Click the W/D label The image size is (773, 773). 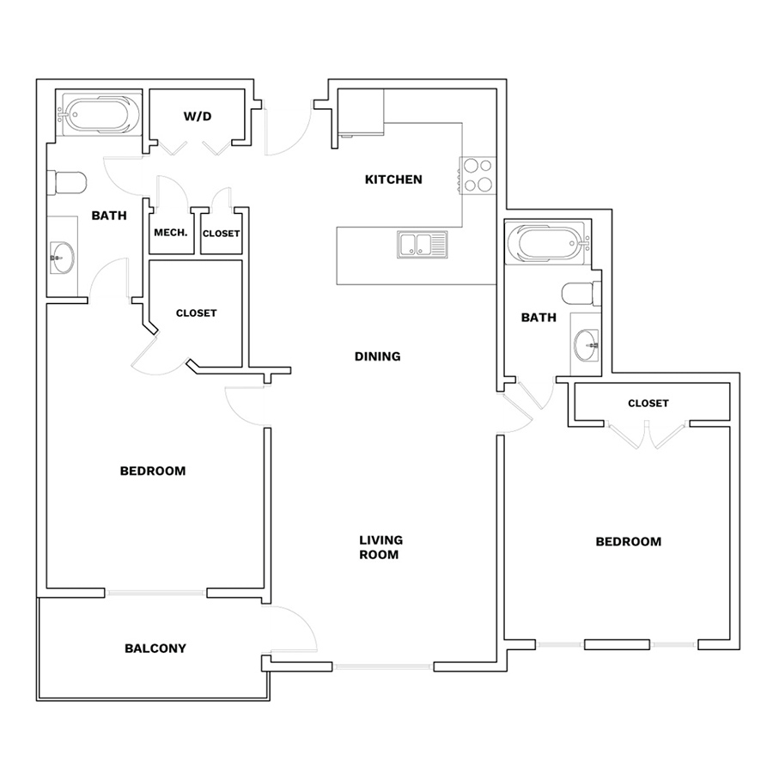[x=198, y=116]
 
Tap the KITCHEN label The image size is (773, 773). [x=393, y=180]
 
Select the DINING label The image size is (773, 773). [x=378, y=356]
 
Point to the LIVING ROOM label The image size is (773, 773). [x=380, y=547]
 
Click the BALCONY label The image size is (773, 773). [x=155, y=648]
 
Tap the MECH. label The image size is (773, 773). [x=171, y=233]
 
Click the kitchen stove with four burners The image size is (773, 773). [x=478, y=175]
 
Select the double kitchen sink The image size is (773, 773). [x=423, y=245]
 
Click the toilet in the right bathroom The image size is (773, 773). [x=581, y=294]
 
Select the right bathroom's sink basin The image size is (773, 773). [x=586, y=345]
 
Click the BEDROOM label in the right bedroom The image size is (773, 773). [x=629, y=542]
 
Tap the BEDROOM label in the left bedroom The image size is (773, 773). [x=153, y=471]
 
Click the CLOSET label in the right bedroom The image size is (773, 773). [x=648, y=404]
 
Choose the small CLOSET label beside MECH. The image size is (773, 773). [x=222, y=233]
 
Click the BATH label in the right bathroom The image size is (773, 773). [x=539, y=318]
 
